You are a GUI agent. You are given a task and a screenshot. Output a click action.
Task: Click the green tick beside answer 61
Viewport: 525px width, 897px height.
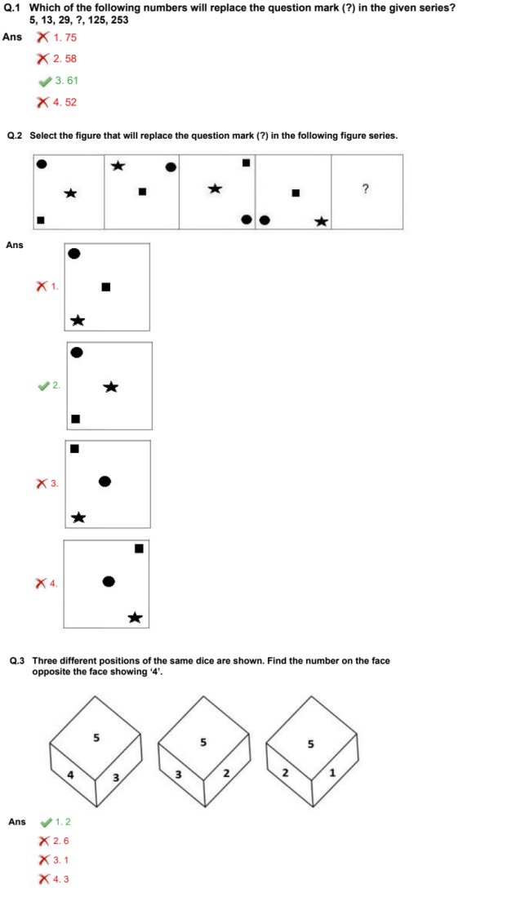pos(45,81)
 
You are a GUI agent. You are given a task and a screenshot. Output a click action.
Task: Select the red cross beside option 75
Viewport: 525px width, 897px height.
pos(42,38)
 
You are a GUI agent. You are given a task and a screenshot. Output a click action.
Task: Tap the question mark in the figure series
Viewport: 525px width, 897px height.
pos(365,189)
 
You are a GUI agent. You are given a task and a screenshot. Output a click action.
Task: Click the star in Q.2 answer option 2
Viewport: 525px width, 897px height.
pos(111,387)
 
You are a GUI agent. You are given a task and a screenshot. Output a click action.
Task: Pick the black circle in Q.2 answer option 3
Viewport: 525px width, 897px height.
pos(105,481)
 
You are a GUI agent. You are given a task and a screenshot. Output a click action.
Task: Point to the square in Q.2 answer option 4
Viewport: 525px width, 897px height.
pos(139,548)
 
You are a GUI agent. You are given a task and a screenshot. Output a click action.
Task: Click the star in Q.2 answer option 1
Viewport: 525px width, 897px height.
pos(78,320)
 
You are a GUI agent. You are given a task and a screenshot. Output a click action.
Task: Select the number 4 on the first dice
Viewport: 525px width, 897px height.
pos(71,775)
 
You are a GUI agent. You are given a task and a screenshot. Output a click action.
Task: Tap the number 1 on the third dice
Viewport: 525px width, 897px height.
pos(332,774)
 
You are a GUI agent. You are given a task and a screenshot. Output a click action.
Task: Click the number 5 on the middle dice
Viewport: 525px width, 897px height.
pos(203,743)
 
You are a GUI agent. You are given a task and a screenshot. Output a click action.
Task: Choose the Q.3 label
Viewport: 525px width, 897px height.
pos(17,661)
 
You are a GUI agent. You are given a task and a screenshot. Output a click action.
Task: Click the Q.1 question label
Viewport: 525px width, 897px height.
pos(12,7)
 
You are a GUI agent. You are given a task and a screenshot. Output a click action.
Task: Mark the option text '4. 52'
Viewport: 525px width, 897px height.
pos(65,102)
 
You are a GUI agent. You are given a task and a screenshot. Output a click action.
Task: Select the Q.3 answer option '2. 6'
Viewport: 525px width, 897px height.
pos(61,841)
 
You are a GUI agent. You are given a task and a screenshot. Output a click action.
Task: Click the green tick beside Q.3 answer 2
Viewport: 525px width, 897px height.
pos(45,822)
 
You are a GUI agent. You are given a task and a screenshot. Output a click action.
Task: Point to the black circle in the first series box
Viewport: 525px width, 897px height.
pos(41,164)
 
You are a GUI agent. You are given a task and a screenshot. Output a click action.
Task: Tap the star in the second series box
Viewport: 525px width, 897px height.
pos(118,166)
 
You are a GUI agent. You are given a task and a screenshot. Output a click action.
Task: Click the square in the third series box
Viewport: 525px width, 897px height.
pos(247,163)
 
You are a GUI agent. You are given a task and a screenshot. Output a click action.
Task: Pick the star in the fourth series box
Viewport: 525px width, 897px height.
pos(321,221)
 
